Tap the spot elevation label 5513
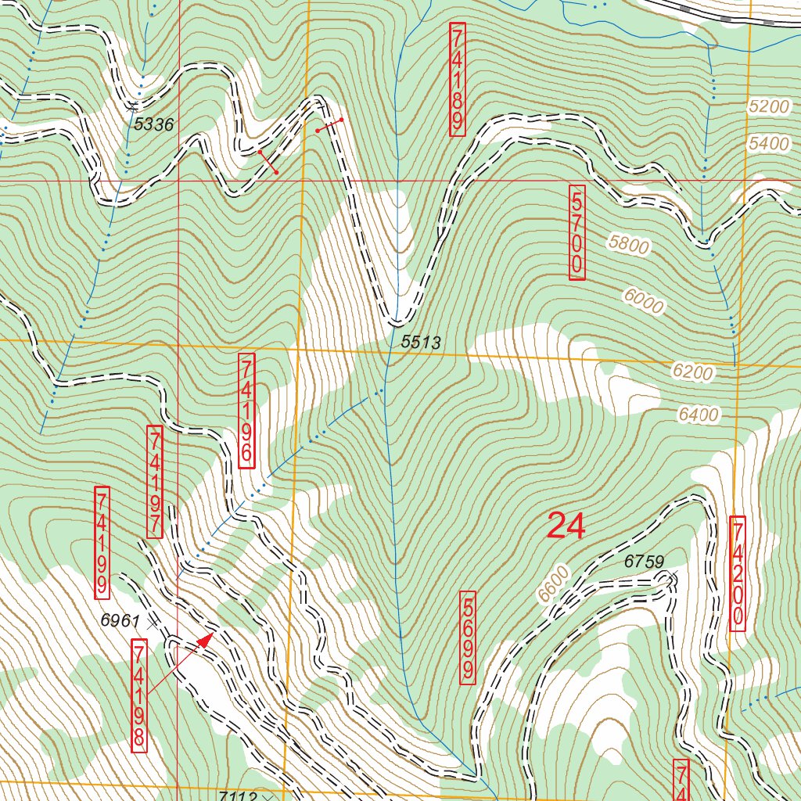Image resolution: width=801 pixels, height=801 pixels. coord(421,342)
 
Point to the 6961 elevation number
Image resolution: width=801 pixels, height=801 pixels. coord(120,620)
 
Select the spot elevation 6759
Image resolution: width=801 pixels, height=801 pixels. coord(644,561)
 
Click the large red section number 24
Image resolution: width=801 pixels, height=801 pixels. coord(566,526)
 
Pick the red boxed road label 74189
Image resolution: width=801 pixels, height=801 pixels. coord(458,79)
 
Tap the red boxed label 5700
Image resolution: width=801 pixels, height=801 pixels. coord(577,232)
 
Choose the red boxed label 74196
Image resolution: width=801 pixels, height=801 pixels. coord(246,411)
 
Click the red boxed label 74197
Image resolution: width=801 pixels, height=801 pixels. coord(154,482)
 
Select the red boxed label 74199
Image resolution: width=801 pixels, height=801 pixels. coord(102,541)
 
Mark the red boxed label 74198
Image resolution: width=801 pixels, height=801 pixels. coord(139,695)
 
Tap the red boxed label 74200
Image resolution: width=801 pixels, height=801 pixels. coord(737,573)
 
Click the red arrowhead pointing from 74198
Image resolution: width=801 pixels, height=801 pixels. coord(205,641)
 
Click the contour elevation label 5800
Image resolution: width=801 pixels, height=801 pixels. coord(629,245)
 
